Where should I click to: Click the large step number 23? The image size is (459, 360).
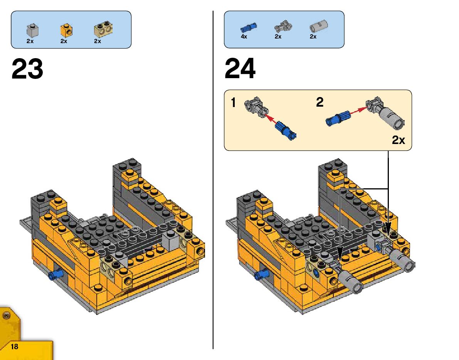[x=27, y=69]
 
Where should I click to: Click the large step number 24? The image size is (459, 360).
[x=240, y=69]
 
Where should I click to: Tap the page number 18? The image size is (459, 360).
[x=14, y=347]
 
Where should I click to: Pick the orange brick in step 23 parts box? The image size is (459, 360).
[x=66, y=30]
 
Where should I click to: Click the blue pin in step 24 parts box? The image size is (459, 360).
[x=248, y=27]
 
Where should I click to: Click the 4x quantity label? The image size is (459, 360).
[x=244, y=37]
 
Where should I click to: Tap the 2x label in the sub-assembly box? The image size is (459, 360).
[x=398, y=140]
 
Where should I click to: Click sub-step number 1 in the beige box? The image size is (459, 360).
[x=233, y=103]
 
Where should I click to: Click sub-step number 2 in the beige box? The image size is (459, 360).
[x=319, y=102]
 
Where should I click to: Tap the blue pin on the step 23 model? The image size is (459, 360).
[x=55, y=275]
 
